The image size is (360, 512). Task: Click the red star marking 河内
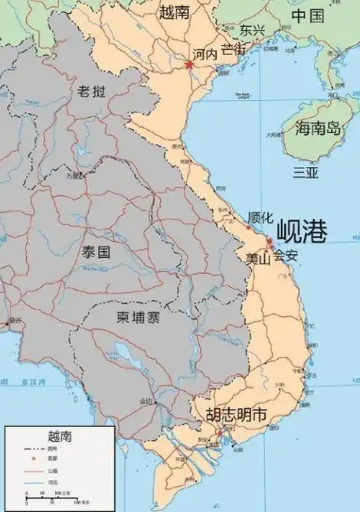coord(188,64)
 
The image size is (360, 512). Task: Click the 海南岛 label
coord(318,129)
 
